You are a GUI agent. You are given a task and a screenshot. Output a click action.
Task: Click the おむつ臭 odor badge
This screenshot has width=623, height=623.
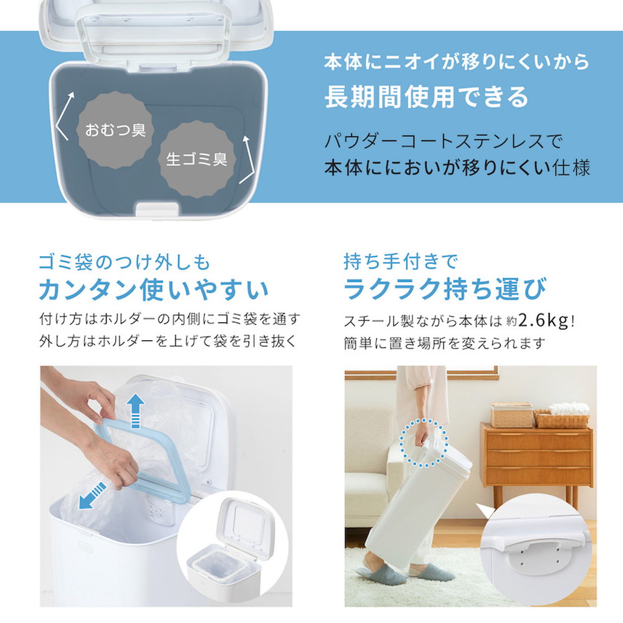[x=115, y=130]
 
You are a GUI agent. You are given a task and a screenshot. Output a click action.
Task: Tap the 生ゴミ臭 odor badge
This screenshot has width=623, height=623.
[x=197, y=159]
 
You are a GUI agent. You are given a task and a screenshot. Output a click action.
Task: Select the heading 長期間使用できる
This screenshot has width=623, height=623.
[x=426, y=97]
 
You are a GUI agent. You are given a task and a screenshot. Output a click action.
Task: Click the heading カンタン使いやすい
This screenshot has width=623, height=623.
[x=154, y=289]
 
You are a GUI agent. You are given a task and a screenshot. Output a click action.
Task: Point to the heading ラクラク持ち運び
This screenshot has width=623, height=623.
[x=445, y=288]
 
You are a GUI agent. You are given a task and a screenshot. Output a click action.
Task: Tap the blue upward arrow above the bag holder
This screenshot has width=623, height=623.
[x=135, y=411]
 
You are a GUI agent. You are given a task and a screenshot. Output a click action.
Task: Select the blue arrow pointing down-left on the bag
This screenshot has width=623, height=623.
[x=92, y=495]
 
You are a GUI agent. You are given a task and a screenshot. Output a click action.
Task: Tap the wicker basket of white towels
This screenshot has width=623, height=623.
[x=562, y=416]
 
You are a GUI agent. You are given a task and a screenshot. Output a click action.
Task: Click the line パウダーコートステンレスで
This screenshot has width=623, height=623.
[x=443, y=141]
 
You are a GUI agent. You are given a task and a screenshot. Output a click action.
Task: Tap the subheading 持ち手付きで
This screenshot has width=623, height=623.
[x=401, y=262]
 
